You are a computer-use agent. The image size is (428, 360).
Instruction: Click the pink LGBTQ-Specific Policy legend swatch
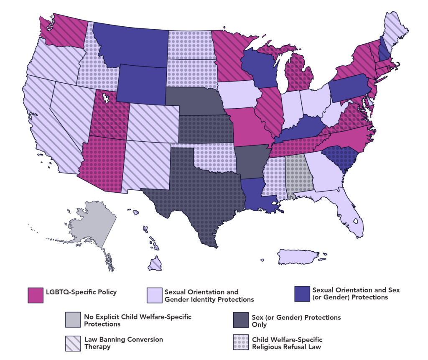pyautogui.click(x=36, y=295)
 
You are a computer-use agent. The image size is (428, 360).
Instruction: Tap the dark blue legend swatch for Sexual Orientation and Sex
pyautogui.click(x=302, y=294)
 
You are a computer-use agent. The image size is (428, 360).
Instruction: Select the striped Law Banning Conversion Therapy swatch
pyautogui.click(x=73, y=343)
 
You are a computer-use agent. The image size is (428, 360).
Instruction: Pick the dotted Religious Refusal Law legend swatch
pyautogui.click(x=240, y=343)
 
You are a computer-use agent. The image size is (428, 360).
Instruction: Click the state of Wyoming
pyautogui.click(x=142, y=84)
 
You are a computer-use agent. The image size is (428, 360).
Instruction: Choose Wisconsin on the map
pyautogui.click(x=257, y=67)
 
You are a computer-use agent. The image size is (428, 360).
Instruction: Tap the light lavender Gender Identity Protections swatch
pyautogui.click(x=155, y=295)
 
